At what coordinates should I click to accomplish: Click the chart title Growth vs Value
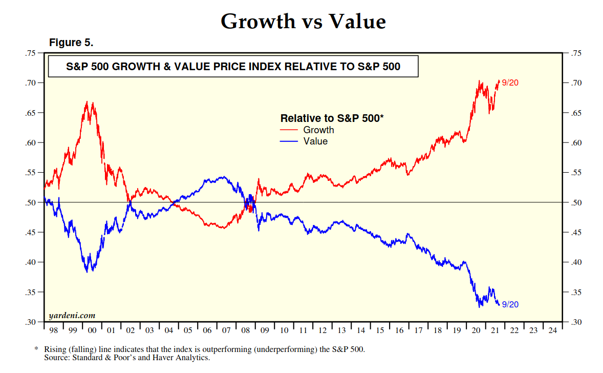(303, 22)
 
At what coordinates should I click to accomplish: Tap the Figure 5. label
(71, 43)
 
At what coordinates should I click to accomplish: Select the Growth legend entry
(318, 130)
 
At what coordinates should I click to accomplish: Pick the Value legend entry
(315, 141)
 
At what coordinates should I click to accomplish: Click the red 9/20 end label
(510, 83)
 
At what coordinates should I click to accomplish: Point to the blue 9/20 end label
(510, 304)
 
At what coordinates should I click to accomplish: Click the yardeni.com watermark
(72, 315)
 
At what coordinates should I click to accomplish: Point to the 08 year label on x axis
(246, 330)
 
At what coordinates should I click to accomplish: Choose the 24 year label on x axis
(552, 330)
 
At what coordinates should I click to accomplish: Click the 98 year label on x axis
(54, 330)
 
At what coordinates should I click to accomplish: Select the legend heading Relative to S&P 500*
(332, 118)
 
